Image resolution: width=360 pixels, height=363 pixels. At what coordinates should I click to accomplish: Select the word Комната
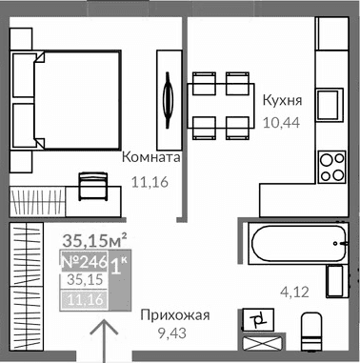[150, 157]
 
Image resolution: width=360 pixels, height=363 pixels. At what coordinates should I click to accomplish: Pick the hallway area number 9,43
[172, 334]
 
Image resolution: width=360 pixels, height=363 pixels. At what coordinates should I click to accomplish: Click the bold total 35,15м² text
[95, 241]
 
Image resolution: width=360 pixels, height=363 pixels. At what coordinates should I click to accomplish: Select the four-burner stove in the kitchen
[332, 166]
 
